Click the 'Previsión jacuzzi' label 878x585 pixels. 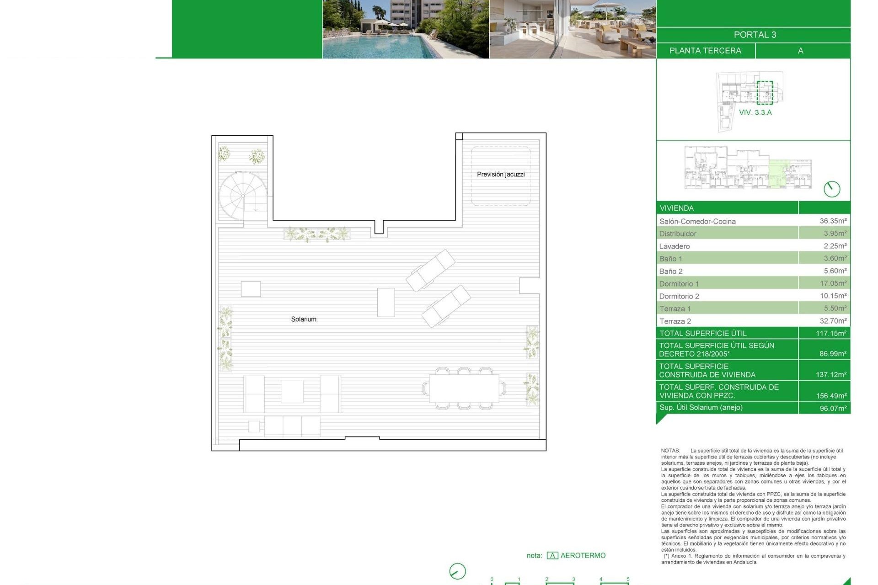[x=501, y=174]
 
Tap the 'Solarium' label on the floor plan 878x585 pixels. [x=304, y=319]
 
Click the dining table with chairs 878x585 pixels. [x=464, y=388]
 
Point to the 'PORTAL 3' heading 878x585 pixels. [x=755, y=35]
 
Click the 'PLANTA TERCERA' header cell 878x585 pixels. [x=705, y=51]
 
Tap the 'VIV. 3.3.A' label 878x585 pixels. [x=755, y=112]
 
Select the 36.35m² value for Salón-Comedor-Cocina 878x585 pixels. [x=833, y=221]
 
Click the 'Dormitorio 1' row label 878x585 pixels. [x=679, y=284]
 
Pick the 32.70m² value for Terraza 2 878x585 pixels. [x=833, y=321]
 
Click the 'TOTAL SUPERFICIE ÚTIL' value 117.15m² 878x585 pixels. [x=831, y=333]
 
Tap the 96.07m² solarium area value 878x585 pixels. [x=833, y=408]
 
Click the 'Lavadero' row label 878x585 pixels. [x=675, y=246]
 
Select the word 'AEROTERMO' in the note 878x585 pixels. [x=583, y=555]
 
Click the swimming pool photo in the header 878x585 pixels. [x=406, y=29]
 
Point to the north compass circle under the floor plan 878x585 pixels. [x=457, y=571]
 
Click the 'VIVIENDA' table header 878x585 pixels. [x=676, y=208]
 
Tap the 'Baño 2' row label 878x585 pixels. [x=671, y=271]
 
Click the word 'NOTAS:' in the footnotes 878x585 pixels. [x=670, y=451]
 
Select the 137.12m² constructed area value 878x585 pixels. [x=831, y=374]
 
